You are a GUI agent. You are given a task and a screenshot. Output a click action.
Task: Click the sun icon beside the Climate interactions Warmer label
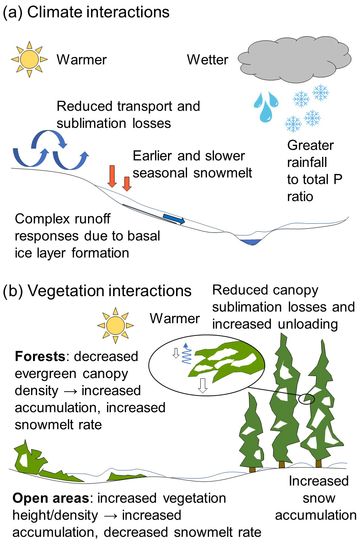coord(29,60)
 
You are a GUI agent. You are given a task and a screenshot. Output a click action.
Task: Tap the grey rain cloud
coord(295,60)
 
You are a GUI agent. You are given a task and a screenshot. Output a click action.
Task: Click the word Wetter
coord(208,60)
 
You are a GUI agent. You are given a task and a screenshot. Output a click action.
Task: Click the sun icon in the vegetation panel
coord(115,325)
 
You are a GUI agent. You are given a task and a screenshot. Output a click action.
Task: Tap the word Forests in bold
coord(40,356)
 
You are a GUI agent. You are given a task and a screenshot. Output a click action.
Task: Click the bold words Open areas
coord(50,498)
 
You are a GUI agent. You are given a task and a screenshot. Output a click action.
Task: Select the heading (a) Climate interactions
coord(86,12)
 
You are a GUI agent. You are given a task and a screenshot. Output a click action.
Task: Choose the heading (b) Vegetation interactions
coord(97,291)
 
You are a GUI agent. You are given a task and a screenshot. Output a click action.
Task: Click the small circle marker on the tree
coord(307,399)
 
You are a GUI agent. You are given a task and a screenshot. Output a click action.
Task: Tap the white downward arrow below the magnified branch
coord(203,385)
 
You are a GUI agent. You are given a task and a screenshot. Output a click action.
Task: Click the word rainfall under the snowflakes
coord(307,162)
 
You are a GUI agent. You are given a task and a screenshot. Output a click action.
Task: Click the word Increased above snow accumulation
coord(319,481)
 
